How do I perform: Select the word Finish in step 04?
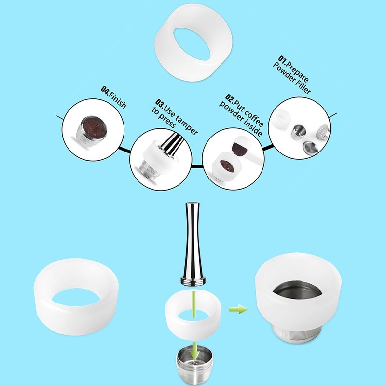(x=117, y=98)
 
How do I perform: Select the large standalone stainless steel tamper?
(x=193, y=241)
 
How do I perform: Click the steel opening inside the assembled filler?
(x=298, y=292)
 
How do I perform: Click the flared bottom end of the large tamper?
(x=193, y=280)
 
